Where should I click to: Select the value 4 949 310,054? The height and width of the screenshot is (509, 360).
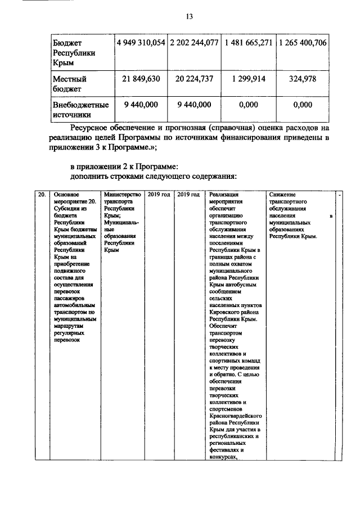[141, 43]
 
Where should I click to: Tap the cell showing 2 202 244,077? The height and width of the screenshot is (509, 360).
[195, 43]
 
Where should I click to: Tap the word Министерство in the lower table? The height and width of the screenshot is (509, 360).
[121, 195]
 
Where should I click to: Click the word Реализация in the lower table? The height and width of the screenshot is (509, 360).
[224, 195]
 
